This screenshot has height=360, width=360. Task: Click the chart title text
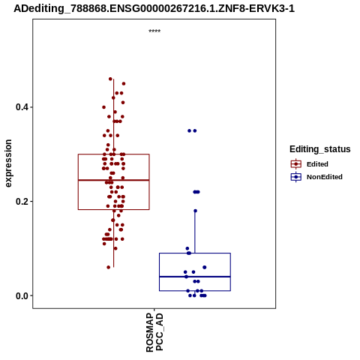click(x=154, y=8)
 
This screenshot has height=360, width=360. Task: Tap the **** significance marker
click(x=154, y=31)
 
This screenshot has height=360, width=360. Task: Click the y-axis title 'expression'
click(x=8, y=163)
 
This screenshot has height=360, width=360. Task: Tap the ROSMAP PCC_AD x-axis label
click(x=154, y=332)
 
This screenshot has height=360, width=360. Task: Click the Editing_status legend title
click(x=320, y=149)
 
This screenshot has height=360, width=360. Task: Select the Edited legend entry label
click(x=317, y=164)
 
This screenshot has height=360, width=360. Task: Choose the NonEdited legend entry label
click(x=325, y=177)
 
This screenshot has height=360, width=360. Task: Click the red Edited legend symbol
click(x=296, y=164)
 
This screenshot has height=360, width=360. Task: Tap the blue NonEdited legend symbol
click(x=296, y=177)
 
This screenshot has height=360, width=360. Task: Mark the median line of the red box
click(x=114, y=180)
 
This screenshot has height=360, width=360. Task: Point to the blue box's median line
click(x=195, y=277)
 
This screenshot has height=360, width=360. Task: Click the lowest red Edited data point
click(x=109, y=267)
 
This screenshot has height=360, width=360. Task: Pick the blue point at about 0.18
click(x=195, y=211)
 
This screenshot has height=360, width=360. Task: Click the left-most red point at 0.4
click(x=103, y=107)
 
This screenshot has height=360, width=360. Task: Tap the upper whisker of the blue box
click(x=195, y=232)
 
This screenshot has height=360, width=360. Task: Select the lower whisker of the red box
click(x=114, y=238)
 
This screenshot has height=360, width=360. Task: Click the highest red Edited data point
click(x=110, y=79)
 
